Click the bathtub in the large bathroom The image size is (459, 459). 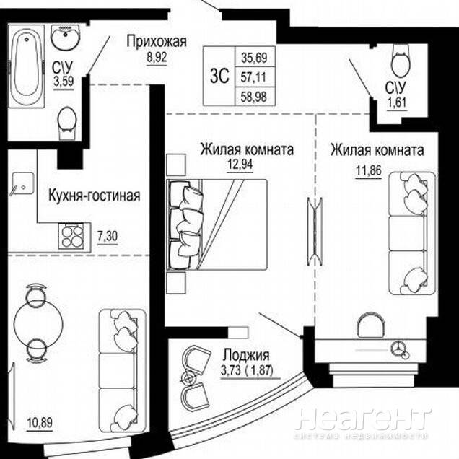pos(27,66)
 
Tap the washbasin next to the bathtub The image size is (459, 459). pos(66,36)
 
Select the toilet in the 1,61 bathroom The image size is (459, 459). pos(400,61)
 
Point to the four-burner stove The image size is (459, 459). pos(71,236)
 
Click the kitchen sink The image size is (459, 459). pos(22,183)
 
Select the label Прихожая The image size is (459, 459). pos(157,41)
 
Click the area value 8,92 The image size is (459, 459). pos(157,58)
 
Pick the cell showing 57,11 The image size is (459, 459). pos(253,77)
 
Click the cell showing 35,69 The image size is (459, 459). pos(254,58)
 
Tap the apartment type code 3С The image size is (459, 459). pos(219,76)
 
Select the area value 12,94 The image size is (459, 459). pos(240,165)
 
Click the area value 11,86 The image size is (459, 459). pos(369,170)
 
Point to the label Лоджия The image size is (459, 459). pos(246,355)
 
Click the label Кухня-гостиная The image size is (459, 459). pos(95,196)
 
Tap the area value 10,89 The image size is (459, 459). pos(40,422)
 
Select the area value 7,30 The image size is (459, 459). pos(108,237)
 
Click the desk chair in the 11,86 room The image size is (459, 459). pos(371,325)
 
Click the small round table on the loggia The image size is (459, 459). pos(188,378)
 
